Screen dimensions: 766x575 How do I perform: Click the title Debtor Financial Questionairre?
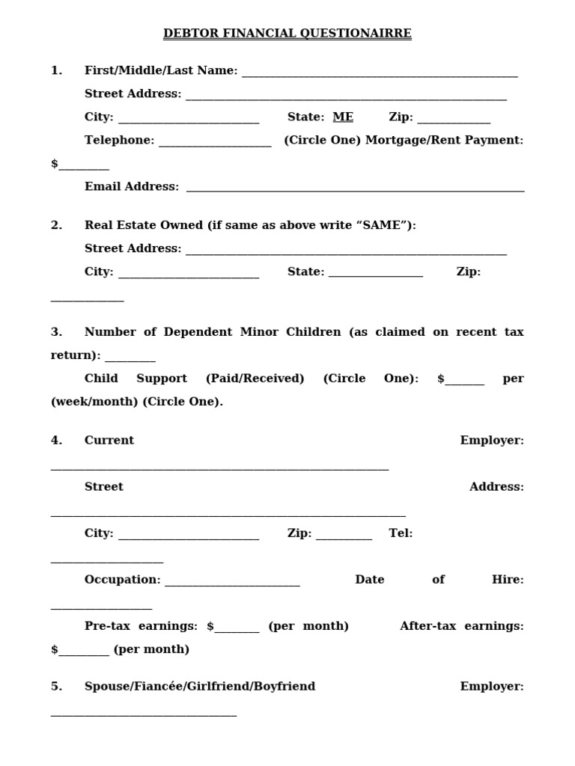click(x=287, y=34)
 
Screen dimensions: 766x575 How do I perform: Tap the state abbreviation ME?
click(x=343, y=117)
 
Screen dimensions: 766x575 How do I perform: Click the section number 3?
click(x=56, y=332)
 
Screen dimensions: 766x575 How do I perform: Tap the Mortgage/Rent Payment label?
click(x=445, y=140)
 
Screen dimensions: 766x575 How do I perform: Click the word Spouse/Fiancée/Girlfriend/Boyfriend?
click(x=200, y=687)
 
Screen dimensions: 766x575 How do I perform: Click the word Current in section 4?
click(x=109, y=441)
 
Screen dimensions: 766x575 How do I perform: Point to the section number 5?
click(x=56, y=687)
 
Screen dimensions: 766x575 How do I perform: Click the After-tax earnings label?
click(x=462, y=626)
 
